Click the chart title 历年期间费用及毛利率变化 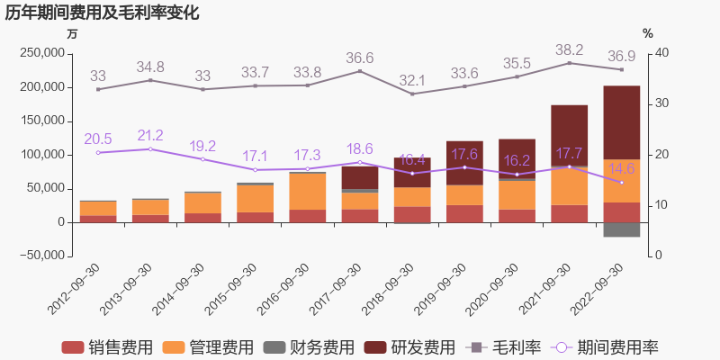click(x=103, y=13)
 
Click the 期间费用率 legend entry click(x=604, y=346)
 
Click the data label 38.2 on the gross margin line click(x=569, y=50)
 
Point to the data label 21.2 click(x=150, y=136)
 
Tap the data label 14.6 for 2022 click(x=621, y=168)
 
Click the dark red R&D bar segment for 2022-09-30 click(x=621, y=121)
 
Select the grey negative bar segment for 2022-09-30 click(x=621, y=229)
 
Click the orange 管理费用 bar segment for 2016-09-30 click(x=308, y=191)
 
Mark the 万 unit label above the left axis click(x=72, y=33)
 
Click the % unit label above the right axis click(x=648, y=33)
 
